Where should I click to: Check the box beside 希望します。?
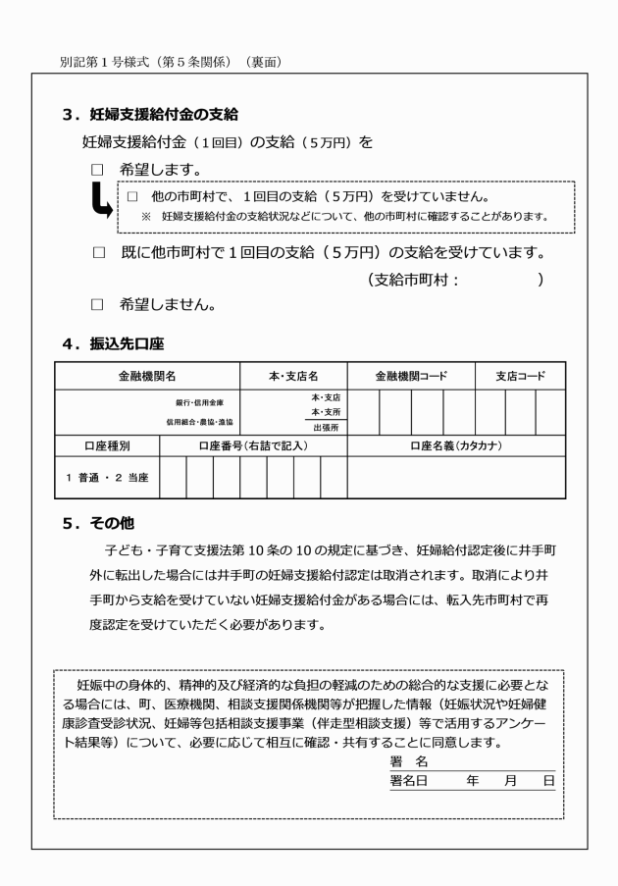tap(97, 170)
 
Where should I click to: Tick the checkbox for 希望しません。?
tap(97, 304)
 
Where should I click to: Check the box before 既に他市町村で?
tap(97, 253)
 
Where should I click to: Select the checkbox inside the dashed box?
tap(132, 196)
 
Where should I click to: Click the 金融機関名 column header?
tap(146, 376)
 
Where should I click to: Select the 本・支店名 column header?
tap(293, 376)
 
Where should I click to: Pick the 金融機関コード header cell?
tap(411, 376)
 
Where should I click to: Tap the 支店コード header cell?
tap(520, 376)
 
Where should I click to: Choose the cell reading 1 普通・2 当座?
tap(106, 477)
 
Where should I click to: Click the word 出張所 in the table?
tap(326, 428)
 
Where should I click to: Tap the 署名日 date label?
tap(408, 781)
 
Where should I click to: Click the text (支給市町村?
tap(413, 280)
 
